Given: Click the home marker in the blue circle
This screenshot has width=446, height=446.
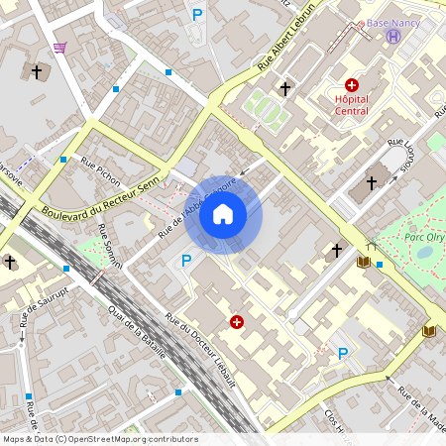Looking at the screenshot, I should [x=223, y=214].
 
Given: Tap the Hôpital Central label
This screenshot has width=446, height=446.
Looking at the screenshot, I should [x=352, y=105].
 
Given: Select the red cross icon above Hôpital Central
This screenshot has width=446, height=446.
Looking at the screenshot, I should [x=352, y=86].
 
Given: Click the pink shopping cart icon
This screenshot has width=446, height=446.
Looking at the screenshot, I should [x=60, y=47].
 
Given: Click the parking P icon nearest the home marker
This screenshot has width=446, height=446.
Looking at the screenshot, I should [x=185, y=261].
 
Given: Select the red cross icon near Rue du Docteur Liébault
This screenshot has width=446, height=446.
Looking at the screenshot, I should [x=236, y=321].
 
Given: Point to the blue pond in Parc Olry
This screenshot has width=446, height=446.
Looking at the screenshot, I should [x=424, y=252].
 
